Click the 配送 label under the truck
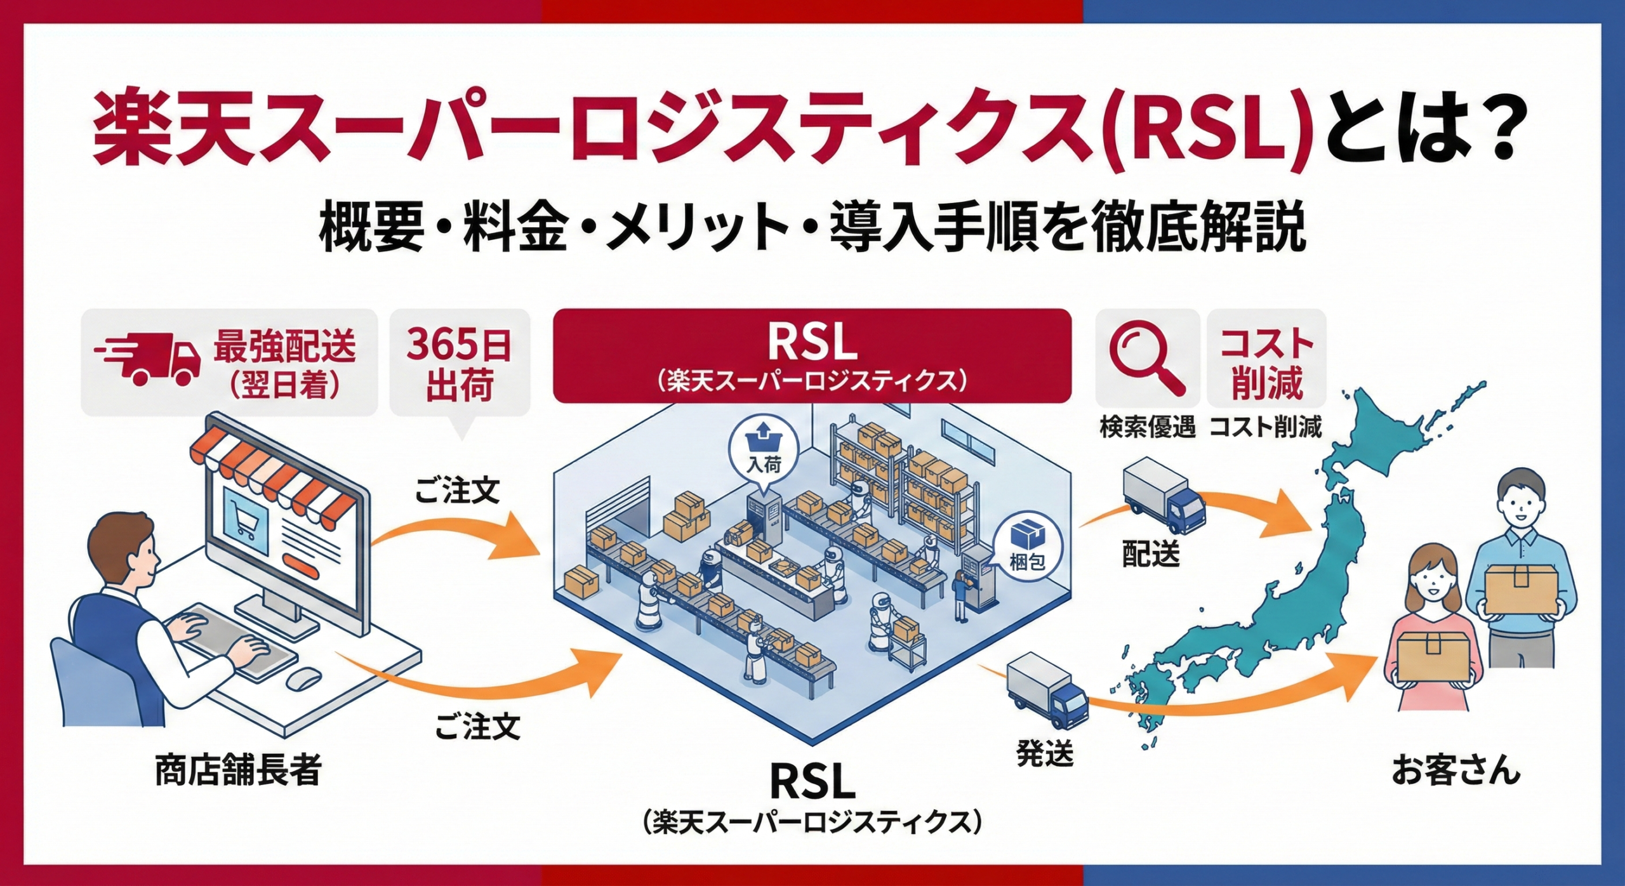tap(1150, 554)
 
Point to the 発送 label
tap(1044, 754)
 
